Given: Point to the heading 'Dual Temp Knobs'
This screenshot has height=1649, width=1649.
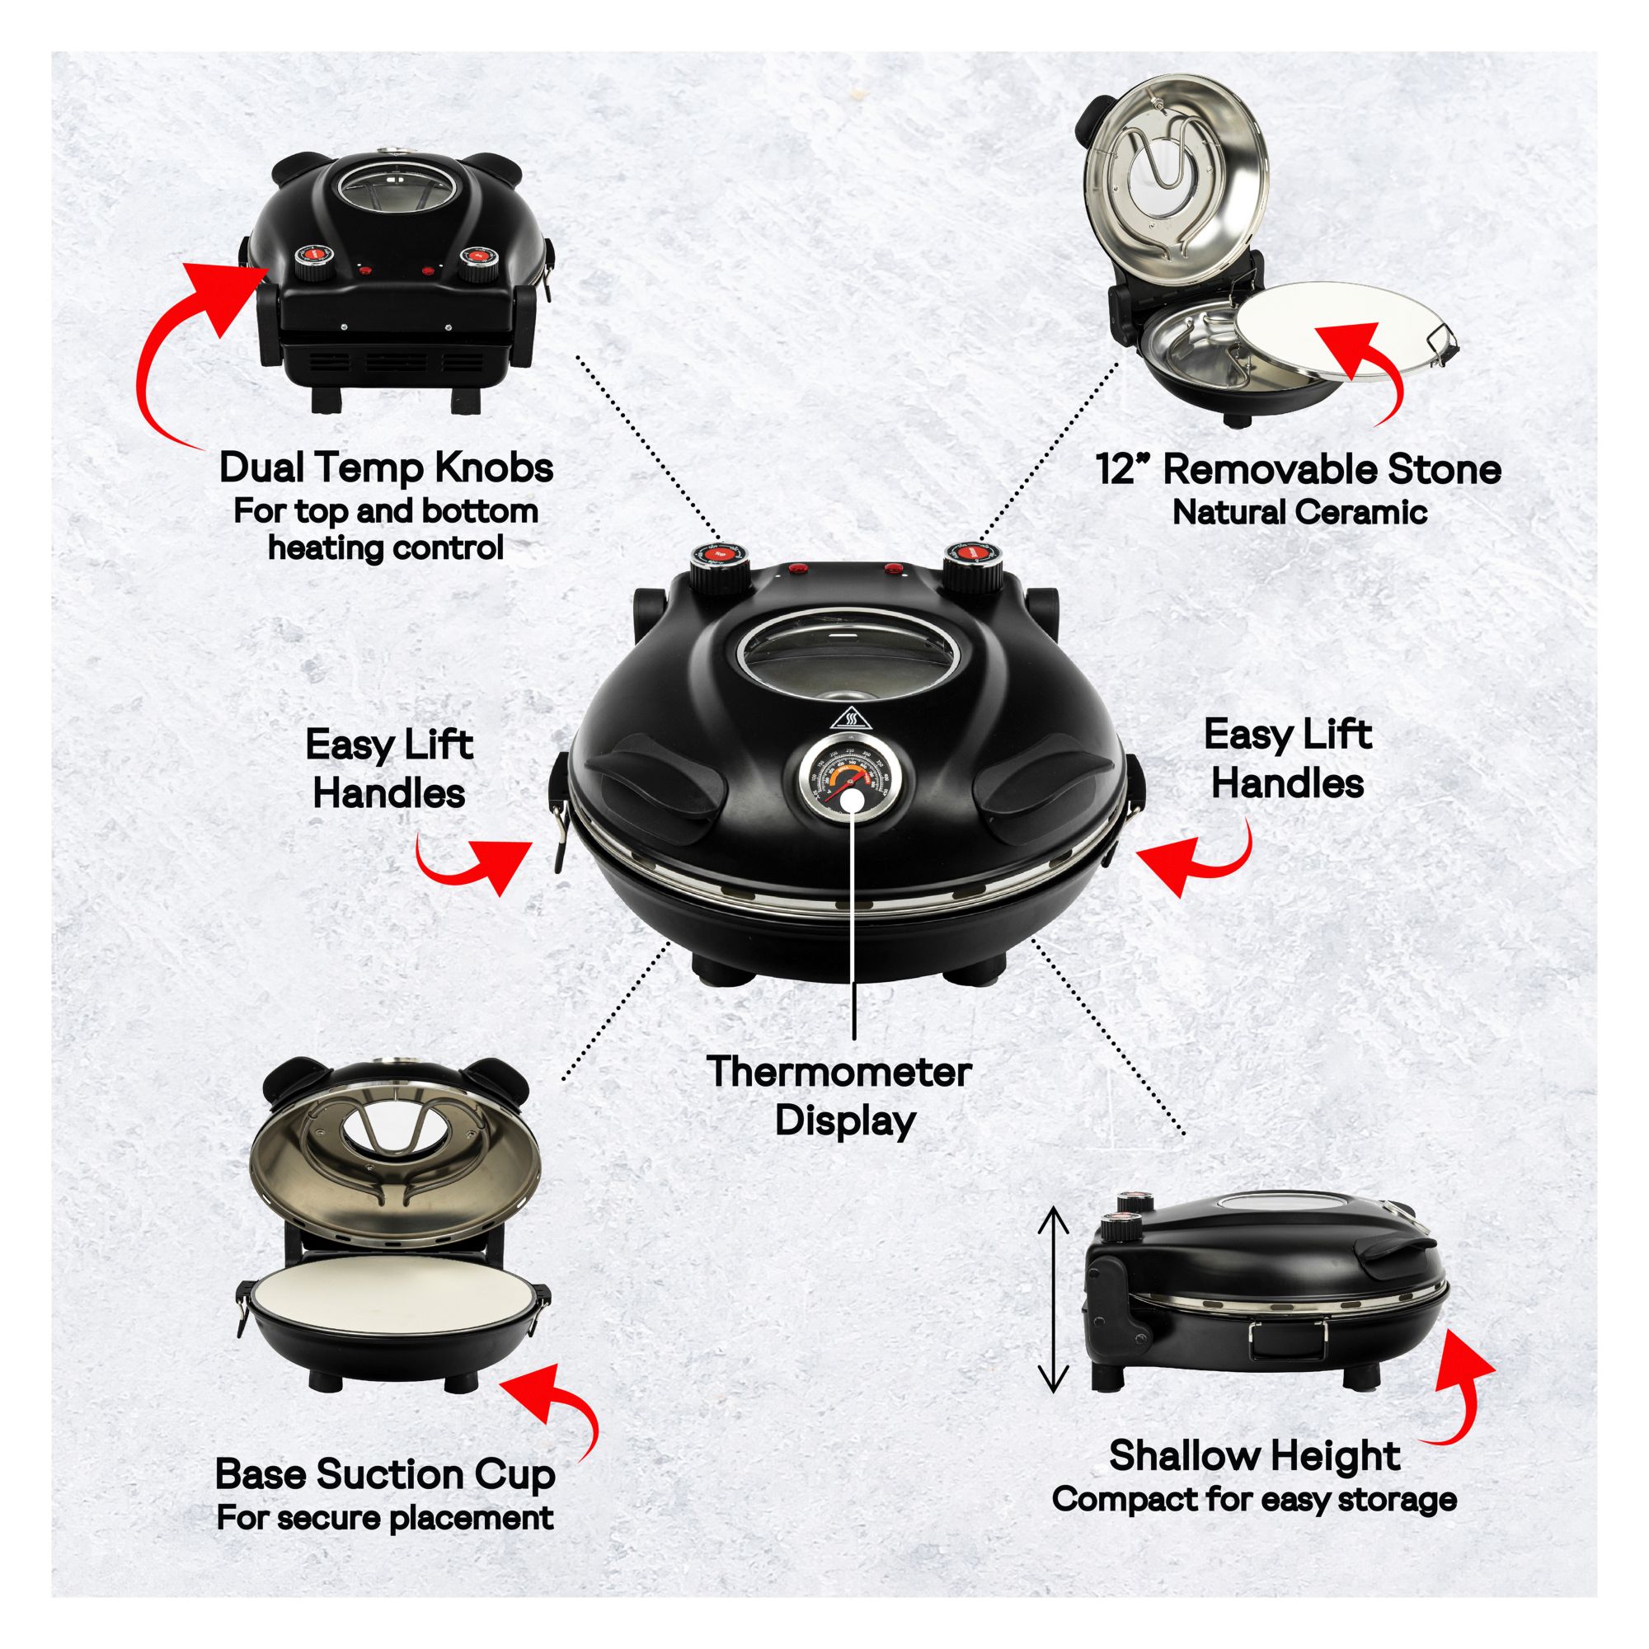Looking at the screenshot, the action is pos(386,467).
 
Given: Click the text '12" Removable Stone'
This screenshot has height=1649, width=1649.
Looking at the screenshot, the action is pos(1299,468).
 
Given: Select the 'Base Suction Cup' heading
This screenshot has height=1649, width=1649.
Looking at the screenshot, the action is pos(385,1475).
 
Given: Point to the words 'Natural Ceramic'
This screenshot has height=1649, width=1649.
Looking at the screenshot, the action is pos(1300,512).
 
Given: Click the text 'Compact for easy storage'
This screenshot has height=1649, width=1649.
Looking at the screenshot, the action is pos(1254,1500).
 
